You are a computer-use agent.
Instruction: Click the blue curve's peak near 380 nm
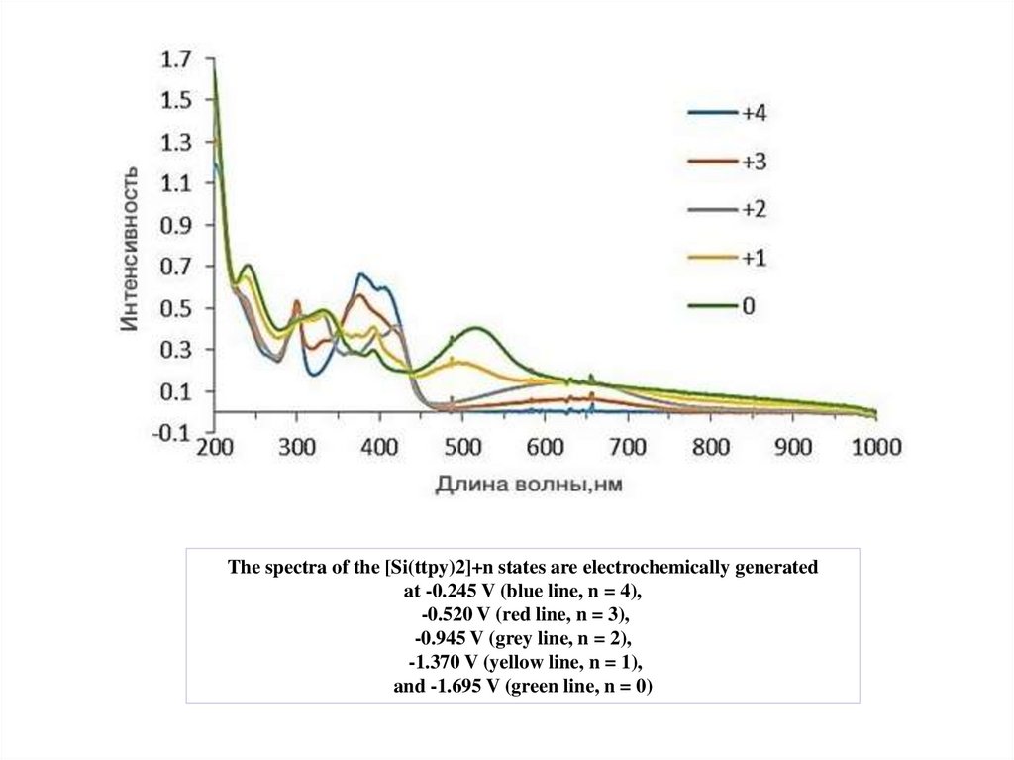pyautogui.click(x=361, y=274)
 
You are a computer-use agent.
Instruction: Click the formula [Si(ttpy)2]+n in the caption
pyautogui.click(x=436, y=568)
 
